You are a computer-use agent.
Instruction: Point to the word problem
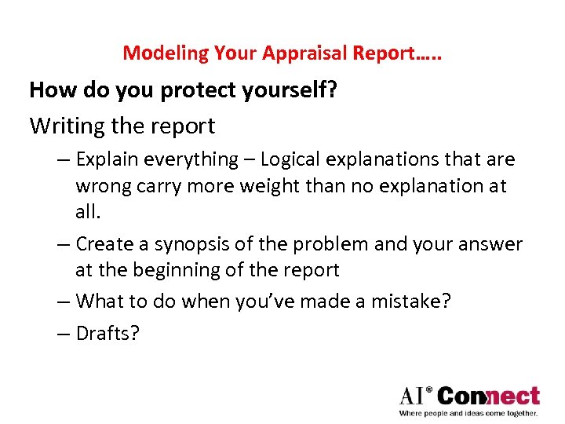(x=325, y=244)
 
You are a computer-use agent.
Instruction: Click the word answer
(x=487, y=244)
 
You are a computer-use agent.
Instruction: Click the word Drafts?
(x=108, y=333)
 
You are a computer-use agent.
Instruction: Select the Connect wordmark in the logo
(x=489, y=395)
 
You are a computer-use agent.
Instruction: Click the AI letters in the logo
(x=414, y=395)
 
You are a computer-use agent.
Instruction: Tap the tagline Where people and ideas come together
(x=468, y=412)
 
